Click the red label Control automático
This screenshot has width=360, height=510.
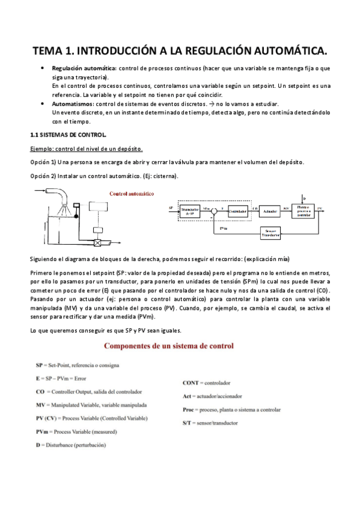132,194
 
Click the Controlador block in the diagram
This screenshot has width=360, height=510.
239,210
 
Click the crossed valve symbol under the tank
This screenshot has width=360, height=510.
96,244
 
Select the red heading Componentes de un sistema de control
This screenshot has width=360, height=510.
169,346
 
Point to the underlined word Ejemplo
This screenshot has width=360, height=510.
42,149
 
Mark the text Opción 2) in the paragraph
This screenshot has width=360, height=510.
42,176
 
